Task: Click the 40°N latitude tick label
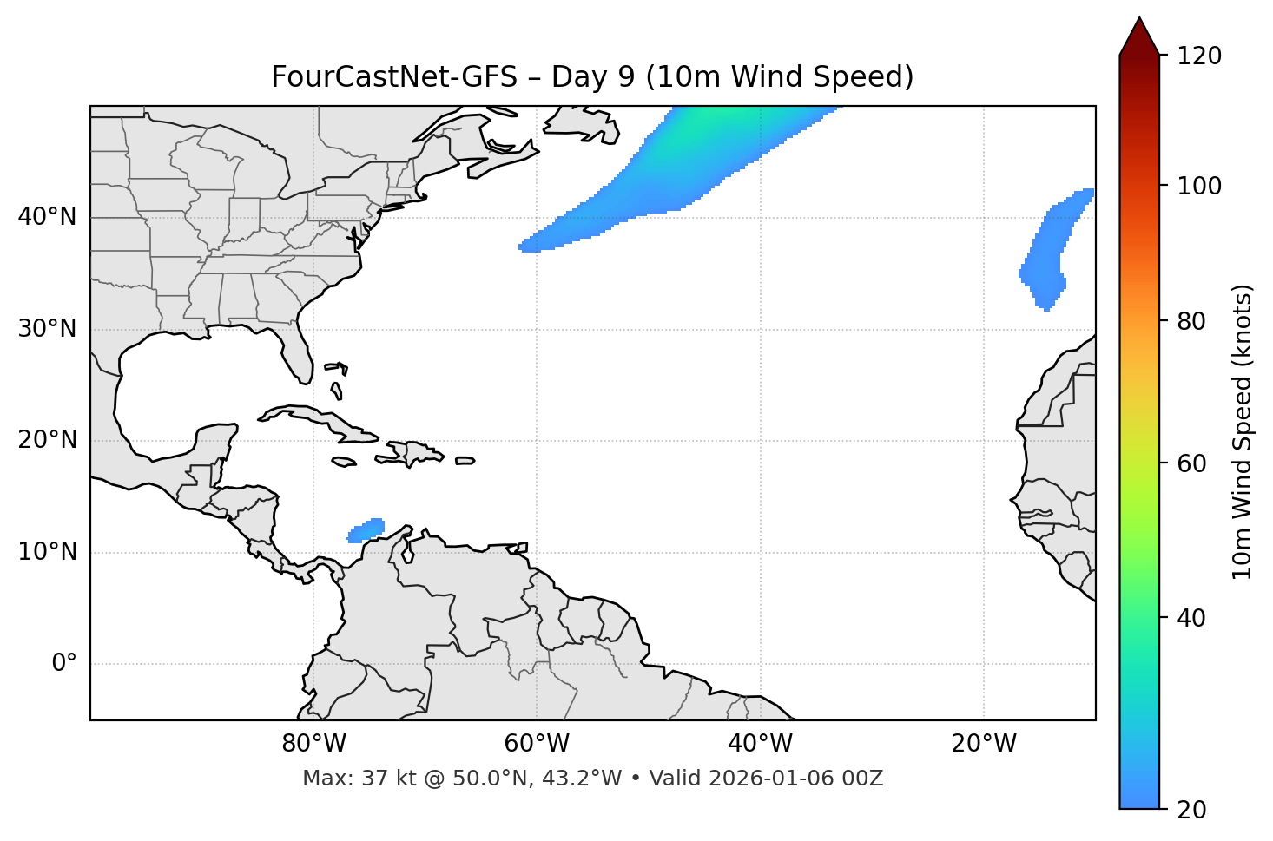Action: click(47, 217)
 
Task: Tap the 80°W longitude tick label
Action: click(313, 744)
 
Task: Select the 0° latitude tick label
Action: click(64, 664)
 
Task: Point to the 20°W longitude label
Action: click(984, 744)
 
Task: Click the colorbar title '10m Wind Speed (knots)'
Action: click(1243, 432)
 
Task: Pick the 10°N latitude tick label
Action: click(47, 553)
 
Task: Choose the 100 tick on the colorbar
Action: click(1198, 187)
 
